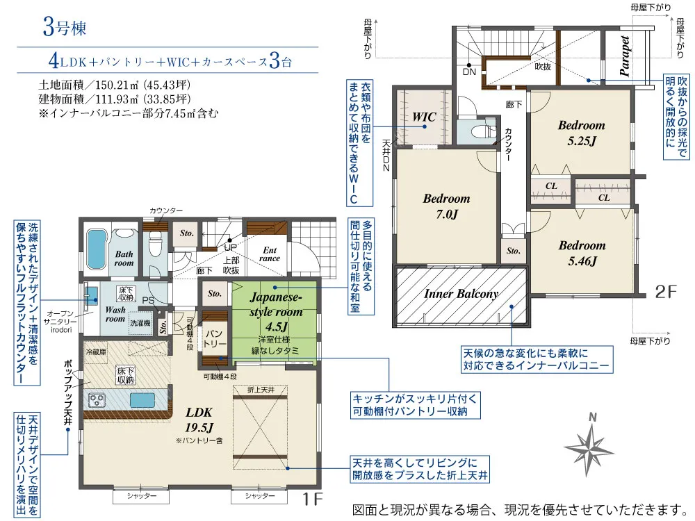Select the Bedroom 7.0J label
click(x=446, y=206)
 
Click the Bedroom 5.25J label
click(x=581, y=133)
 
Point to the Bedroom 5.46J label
click(x=582, y=253)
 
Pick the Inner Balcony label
click(x=461, y=294)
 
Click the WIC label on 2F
click(x=424, y=117)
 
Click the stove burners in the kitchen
click(x=95, y=401)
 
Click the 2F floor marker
click(x=665, y=292)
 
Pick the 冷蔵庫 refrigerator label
click(x=96, y=352)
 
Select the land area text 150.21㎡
click(x=115, y=85)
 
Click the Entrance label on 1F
click(x=270, y=254)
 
